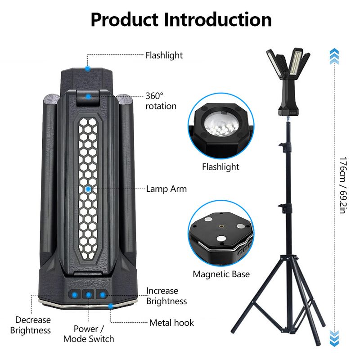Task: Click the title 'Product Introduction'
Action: point(181,20)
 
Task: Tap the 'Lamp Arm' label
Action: point(166,189)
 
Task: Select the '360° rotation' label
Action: point(161,101)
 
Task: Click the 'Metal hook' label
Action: point(171,323)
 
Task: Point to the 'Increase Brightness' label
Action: point(166,296)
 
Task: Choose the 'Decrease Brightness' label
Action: point(31,325)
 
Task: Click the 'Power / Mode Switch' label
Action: point(89,334)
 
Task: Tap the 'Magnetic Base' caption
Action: point(221,274)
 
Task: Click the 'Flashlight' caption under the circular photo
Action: point(220,167)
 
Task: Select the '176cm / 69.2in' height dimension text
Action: point(343,185)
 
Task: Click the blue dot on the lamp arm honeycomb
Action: point(88,189)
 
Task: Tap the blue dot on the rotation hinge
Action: point(88,97)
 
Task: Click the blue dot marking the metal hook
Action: point(111,306)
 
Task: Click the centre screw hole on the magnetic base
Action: point(221,226)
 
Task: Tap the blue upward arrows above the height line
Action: point(334,57)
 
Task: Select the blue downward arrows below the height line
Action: point(334,338)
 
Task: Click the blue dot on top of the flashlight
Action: point(87,68)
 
